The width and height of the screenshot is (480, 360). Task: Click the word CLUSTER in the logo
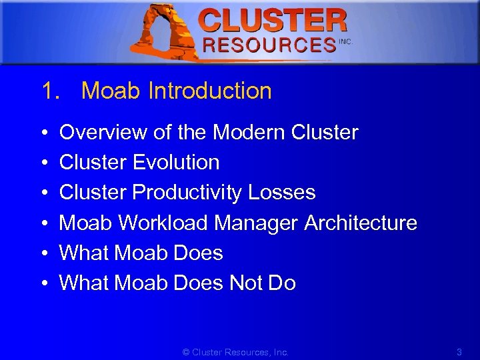click(273, 21)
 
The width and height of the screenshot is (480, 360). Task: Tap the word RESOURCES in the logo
click(269, 45)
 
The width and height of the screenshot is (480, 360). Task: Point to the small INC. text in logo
click(345, 41)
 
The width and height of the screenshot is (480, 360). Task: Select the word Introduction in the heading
click(210, 91)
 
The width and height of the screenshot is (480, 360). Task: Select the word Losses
click(281, 193)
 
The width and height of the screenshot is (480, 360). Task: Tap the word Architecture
click(361, 223)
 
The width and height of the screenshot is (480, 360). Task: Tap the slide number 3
click(459, 351)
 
